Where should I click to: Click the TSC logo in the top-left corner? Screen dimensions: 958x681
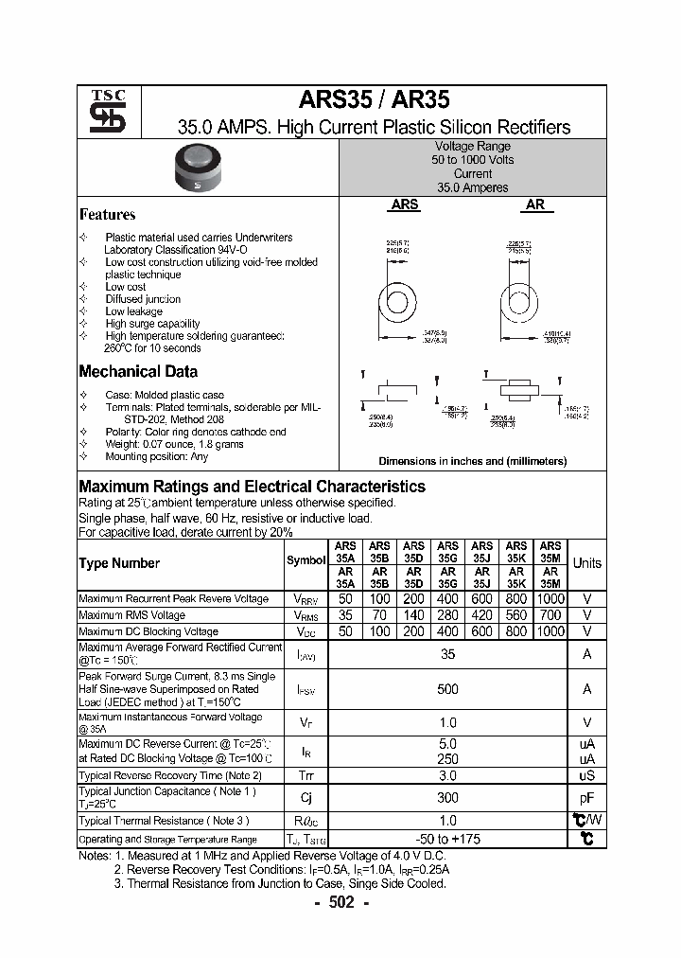(x=100, y=112)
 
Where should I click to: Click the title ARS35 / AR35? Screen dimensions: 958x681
(x=375, y=100)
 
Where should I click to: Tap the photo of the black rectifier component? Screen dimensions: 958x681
(x=199, y=170)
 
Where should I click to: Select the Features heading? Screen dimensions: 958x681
(x=107, y=215)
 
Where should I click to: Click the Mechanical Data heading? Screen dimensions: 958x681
(x=138, y=372)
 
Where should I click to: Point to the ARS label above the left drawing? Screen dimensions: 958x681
(x=405, y=204)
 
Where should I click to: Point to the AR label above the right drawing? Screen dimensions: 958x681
(x=535, y=204)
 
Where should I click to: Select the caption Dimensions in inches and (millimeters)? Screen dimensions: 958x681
(x=472, y=461)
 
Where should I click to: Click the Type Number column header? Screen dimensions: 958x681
(x=119, y=563)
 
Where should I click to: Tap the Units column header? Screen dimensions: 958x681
(x=586, y=563)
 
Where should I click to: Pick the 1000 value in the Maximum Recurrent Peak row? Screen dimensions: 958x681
(x=550, y=599)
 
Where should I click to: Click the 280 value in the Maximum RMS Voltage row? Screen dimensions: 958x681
(x=448, y=615)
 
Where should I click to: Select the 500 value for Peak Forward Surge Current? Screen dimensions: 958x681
(x=448, y=689)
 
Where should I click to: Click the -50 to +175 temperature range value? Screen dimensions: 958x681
(x=448, y=839)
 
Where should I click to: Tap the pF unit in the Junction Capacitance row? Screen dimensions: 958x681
(x=586, y=798)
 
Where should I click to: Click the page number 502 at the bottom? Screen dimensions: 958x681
(x=340, y=903)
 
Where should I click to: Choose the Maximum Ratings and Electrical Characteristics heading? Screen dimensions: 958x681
(x=252, y=487)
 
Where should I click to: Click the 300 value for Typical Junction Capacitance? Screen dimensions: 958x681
(x=448, y=798)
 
